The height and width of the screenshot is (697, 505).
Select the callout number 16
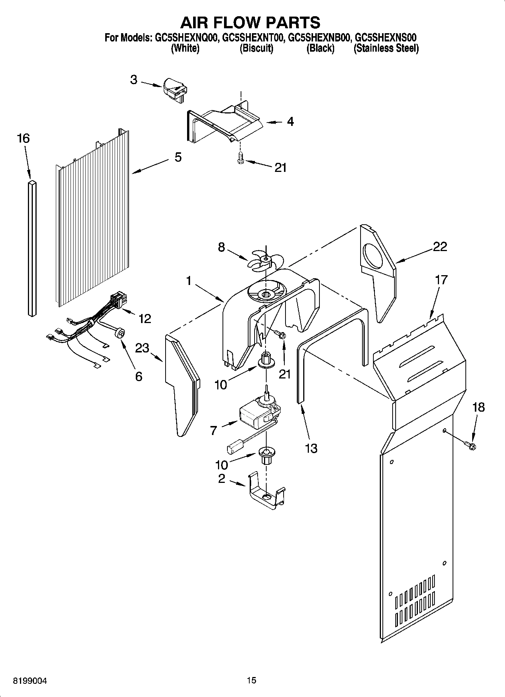click(x=23, y=138)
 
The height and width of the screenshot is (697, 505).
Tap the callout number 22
click(x=440, y=247)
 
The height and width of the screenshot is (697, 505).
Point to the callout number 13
click(x=311, y=448)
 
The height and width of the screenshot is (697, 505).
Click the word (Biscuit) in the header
click(x=256, y=48)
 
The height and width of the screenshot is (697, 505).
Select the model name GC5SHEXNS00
click(x=386, y=38)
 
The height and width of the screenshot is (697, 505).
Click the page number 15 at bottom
click(x=252, y=680)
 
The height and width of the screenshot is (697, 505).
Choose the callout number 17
click(x=441, y=280)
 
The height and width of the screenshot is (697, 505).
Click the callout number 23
click(x=142, y=348)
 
